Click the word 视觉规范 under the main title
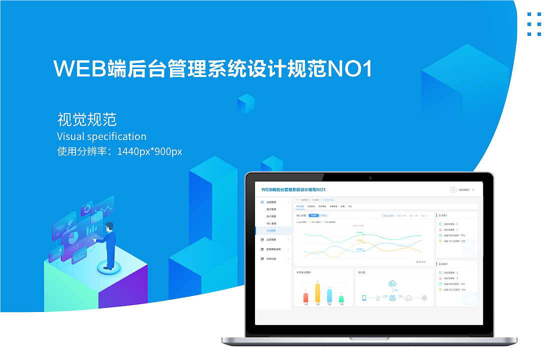click(86, 119)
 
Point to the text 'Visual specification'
click(101, 136)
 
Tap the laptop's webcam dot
click(370, 177)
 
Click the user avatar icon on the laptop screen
click(453, 190)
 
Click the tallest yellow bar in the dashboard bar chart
click(317, 293)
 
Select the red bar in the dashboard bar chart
click(305, 297)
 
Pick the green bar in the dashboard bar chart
click(341, 299)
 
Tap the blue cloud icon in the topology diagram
click(392, 284)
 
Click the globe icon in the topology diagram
click(424, 298)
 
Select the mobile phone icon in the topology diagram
click(364, 298)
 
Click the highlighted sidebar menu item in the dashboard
click(273, 230)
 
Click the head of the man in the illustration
click(109, 226)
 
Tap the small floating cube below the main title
click(245, 103)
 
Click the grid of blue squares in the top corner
click(534, 24)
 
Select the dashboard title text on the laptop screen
click(293, 190)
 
